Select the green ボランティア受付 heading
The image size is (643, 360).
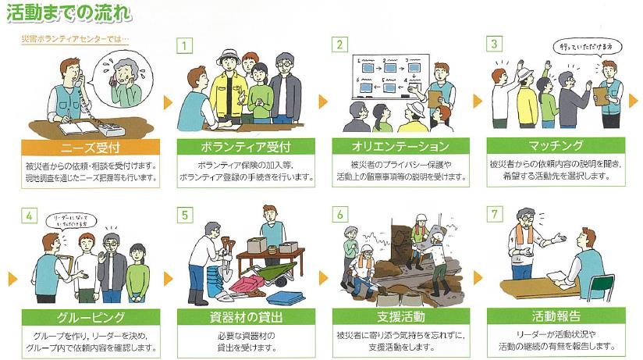(246, 148)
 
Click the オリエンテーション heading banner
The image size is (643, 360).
(401, 148)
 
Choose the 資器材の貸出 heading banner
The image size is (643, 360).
(246, 318)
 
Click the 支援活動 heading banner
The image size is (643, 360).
(401, 318)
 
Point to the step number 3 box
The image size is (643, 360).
(493, 43)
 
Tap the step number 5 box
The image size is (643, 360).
(183, 213)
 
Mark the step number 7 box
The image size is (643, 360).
(493, 213)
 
